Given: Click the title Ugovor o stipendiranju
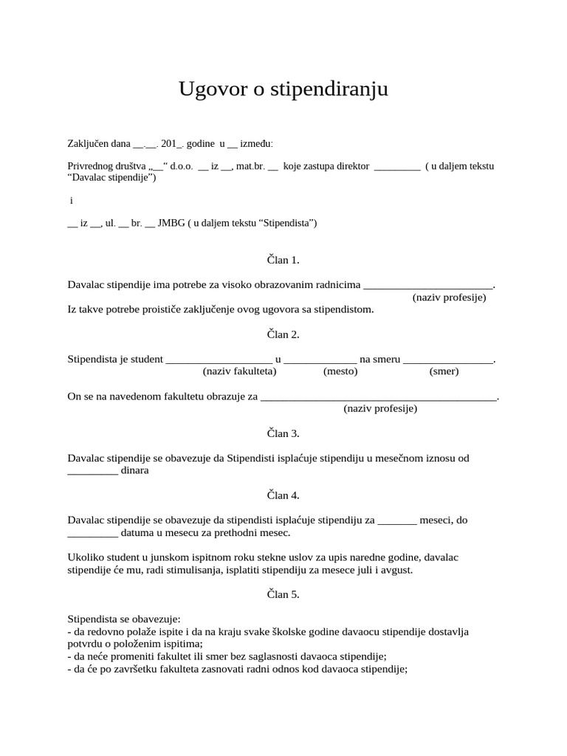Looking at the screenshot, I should pyautogui.click(x=283, y=89).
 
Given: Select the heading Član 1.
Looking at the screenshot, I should pyautogui.click(x=283, y=260).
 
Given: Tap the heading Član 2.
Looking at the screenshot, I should pyautogui.click(x=283, y=334).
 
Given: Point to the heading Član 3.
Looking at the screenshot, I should pyautogui.click(x=283, y=433).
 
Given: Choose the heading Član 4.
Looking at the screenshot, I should pyautogui.click(x=283, y=495).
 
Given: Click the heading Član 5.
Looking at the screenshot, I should pyautogui.click(x=283, y=594).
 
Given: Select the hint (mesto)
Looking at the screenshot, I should pyautogui.click(x=340, y=371).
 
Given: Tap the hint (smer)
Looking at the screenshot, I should pyautogui.click(x=444, y=371).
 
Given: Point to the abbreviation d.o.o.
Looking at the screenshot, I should pyautogui.click(x=182, y=166).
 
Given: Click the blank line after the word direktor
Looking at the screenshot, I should pyautogui.click(x=397, y=167).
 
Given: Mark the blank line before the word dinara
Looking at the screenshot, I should pyautogui.click(x=92, y=471).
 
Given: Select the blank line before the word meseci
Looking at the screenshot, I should pyautogui.click(x=397, y=520).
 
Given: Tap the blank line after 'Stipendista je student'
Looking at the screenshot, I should pyautogui.click(x=219, y=360).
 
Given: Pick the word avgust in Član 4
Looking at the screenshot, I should pyautogui.click(x=395, y=570).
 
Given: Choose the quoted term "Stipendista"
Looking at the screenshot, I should pyautogui.click(x=287, y=223).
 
